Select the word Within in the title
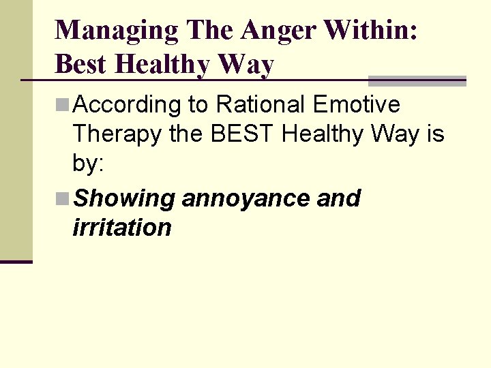pyautogui.click(x=372, y=30)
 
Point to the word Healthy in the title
pyautogui.click(x=162, y=65)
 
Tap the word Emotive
pyautogui.click(x=357, y=105)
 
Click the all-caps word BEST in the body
pyautogui.click(x=243, y=134)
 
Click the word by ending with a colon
pyautogui.click(x=89, y=164)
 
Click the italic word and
pyautogui.click(x=339, y=198)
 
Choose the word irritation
pyautogui.click(x=121, y=228)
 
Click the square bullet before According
pyautogui.click(x=63, y=105)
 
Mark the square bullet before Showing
pyautogui.click(x=63, y=198)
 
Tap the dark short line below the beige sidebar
pyautogui.click(x=16, y=262)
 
